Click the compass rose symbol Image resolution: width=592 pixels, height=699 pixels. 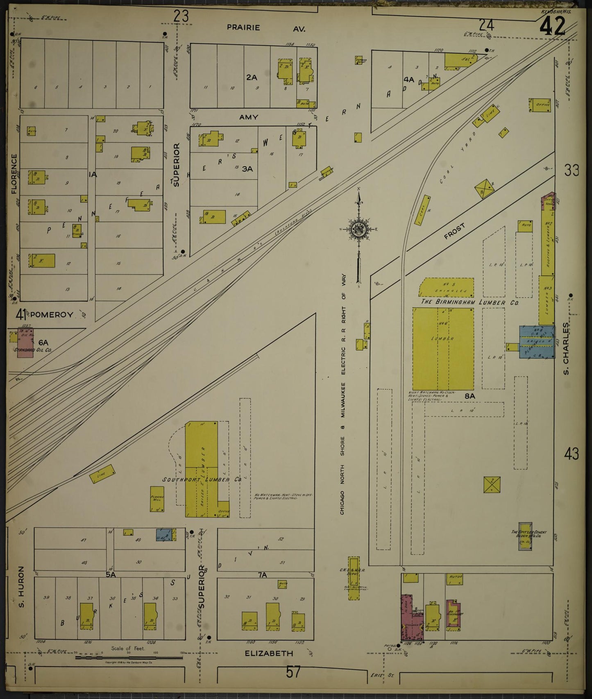pyautogui.click(x=359, y=229)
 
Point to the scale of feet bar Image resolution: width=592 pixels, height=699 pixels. pyautogui.click(x=129, y=658)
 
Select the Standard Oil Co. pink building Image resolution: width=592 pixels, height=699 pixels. pyautogui.click(x=25, y=343)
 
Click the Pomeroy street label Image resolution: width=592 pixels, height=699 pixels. pyautogui.click(x=52, y=315)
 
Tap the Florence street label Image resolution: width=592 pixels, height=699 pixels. pyautogui.click(x=14, y=174)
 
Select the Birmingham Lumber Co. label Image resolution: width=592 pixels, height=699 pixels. pyautogui.click(x=470, y=302)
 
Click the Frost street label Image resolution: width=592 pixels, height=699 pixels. pyautogui.click(x=454, y=231)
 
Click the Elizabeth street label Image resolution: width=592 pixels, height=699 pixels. pyautogui.click(x=269, y=654)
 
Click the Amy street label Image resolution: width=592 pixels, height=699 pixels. pyautogui.click(x=249, y=117)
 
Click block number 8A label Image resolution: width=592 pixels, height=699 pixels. pyautogui.click(x=470, y=396)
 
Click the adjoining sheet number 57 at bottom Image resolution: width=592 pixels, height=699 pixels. pyautogui.click(x=293, y=672)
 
